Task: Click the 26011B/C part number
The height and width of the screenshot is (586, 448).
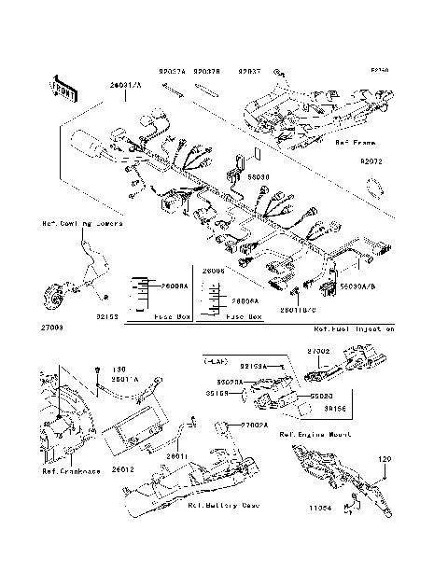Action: (301, 306)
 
